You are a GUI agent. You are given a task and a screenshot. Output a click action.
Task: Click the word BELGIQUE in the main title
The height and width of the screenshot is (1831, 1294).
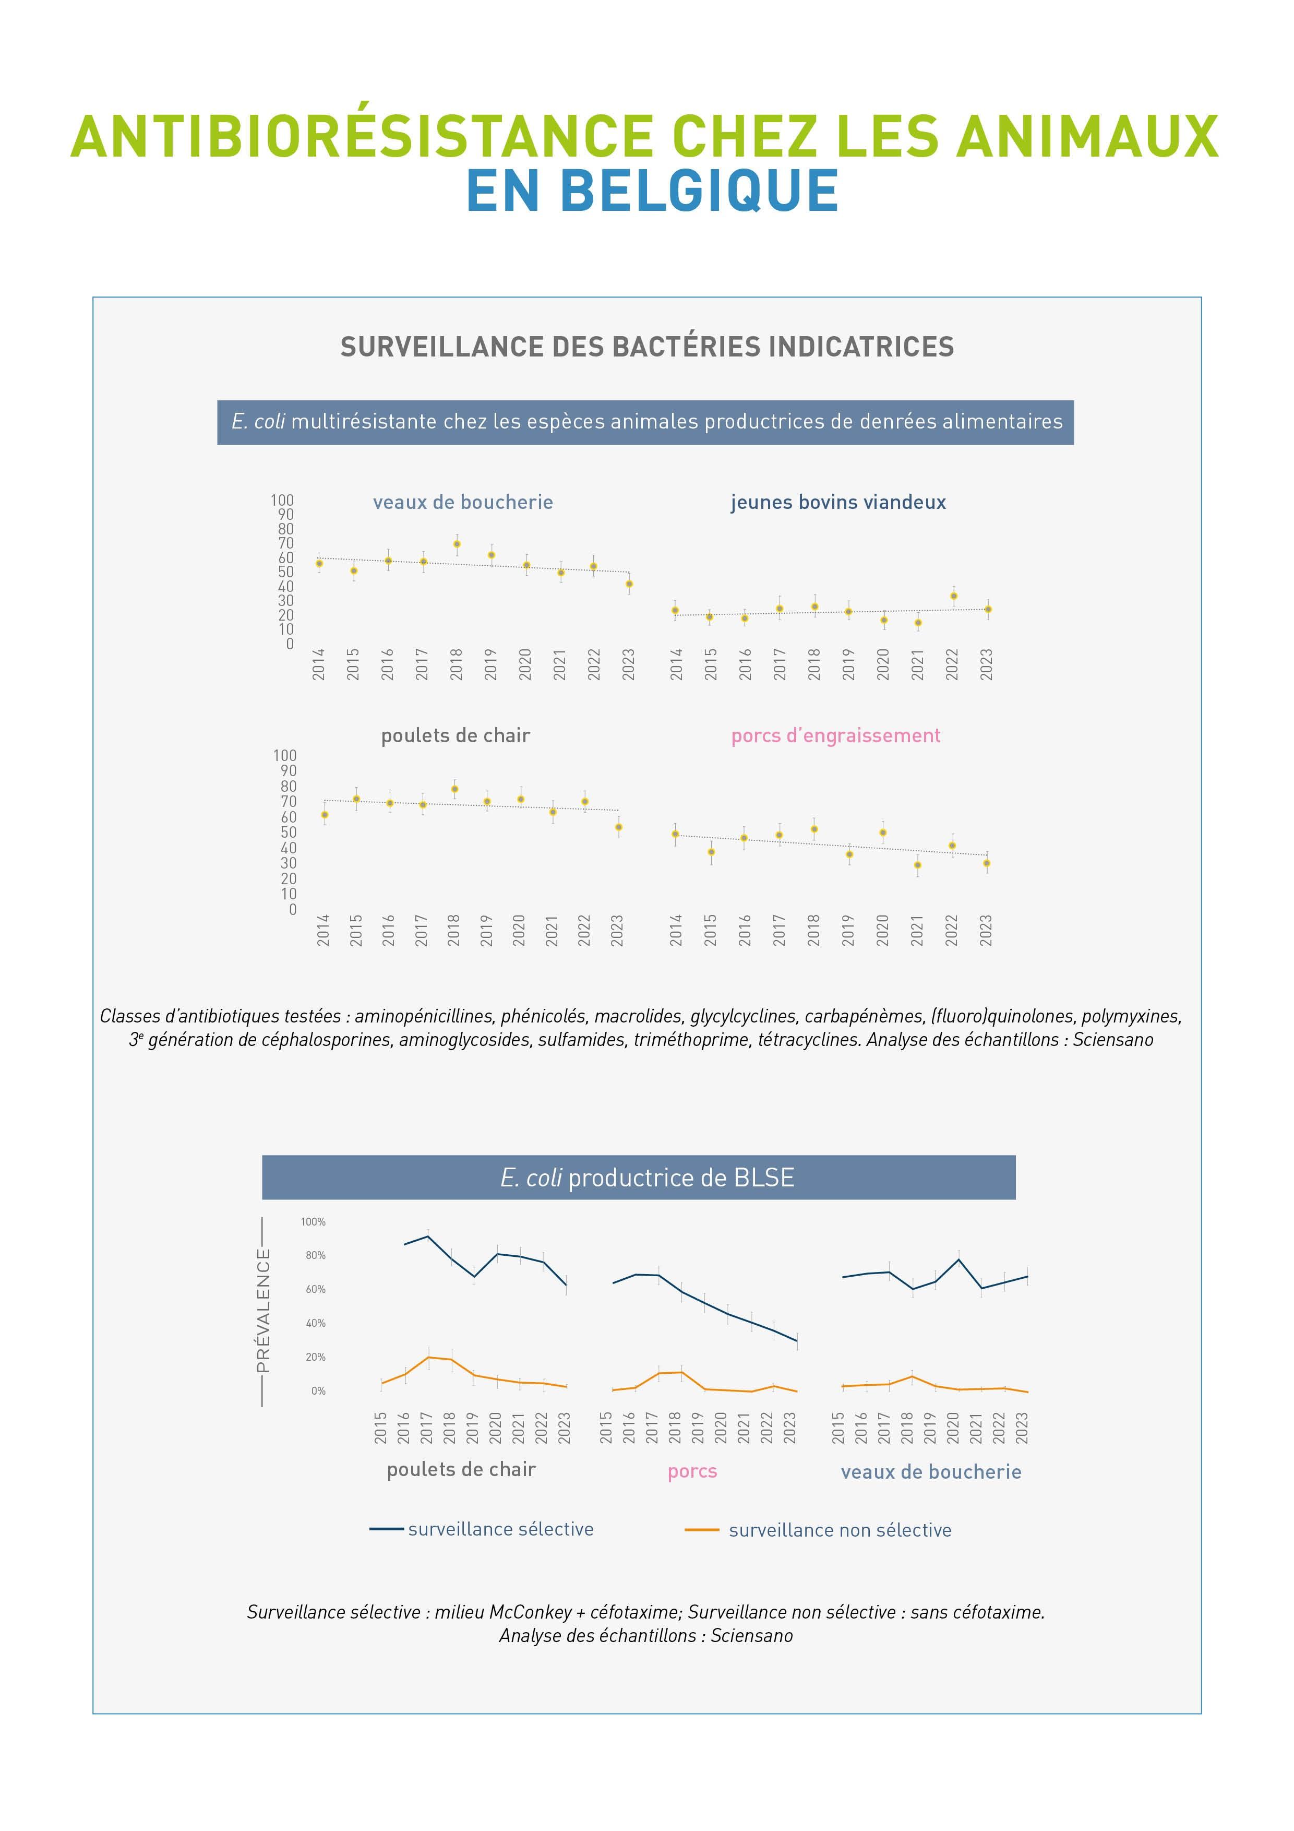(699, 192)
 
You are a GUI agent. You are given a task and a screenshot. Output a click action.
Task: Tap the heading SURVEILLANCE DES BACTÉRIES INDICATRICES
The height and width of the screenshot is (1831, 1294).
(646, 347)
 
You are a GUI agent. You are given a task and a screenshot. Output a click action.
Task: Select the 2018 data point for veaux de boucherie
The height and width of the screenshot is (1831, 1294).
(457, 544)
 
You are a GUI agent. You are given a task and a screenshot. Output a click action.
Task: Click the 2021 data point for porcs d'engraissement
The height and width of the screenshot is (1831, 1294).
(918, 864)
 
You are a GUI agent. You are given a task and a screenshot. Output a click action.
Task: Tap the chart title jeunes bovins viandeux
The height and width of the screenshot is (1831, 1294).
(838, 503)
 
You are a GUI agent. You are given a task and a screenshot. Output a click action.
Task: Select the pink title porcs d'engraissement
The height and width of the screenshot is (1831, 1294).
(835, 735)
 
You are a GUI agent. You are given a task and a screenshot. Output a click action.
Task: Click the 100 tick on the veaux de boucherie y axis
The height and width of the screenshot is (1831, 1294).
(282, 500)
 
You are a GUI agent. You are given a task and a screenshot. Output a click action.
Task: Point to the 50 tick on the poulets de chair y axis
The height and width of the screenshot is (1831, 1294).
(288, 832)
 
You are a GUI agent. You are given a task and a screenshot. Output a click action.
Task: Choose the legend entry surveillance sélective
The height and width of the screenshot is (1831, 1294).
(501, 1529)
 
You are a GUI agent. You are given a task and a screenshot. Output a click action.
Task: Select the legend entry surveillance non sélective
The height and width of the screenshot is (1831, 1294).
(840, 1529)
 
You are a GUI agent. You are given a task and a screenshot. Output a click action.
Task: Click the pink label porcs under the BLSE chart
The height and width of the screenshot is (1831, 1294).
(692, 1471)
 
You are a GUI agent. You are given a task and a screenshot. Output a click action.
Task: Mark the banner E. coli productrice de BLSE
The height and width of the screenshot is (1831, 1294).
(646, 1178)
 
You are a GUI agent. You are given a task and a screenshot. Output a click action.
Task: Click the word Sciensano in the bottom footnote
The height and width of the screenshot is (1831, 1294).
(752, 1636)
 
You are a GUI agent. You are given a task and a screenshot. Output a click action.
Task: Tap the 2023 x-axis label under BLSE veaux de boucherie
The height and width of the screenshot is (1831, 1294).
(1023, 1428)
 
